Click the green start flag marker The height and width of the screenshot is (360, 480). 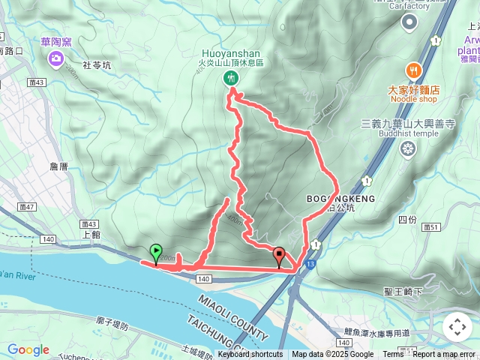(156, 253)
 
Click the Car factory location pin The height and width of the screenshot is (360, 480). (409, 22)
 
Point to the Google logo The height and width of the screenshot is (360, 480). (28, 349)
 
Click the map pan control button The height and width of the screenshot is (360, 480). (457, 327)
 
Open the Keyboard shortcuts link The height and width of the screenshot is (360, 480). (250, 355)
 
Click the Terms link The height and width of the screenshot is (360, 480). (393, 355)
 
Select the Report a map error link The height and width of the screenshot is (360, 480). (444, 355)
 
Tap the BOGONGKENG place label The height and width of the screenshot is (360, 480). (340, 199)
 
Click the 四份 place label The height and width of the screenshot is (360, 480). (407, 220)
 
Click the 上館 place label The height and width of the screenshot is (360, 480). (90, 234)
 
